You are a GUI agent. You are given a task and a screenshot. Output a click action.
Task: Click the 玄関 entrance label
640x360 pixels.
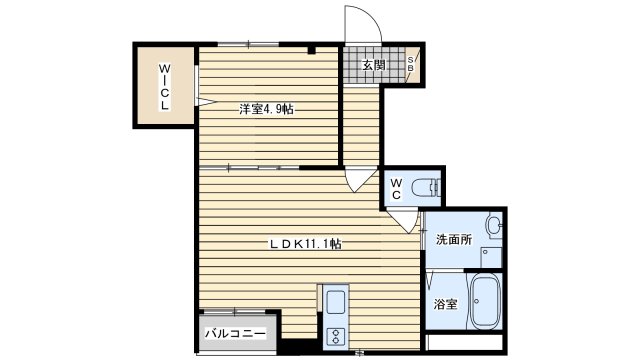click(x=373, y=66)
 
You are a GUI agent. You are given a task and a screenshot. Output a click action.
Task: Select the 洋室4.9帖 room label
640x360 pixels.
click(x=266, y=109)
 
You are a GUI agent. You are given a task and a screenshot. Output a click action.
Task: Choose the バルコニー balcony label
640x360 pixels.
click(x=236, y=333)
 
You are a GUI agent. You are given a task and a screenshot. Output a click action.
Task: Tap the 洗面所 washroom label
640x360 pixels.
click(x=453, y=240)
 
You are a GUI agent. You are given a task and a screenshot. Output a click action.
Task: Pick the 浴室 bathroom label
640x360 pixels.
click(x=446, y=304)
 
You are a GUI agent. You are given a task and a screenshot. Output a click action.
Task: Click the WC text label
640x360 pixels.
click(x=397, y=189)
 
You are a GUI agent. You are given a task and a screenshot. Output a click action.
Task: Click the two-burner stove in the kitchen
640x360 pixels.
click(x=334, y=335)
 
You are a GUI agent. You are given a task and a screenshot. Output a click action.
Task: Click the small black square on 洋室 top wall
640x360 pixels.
click(x=312, y=49)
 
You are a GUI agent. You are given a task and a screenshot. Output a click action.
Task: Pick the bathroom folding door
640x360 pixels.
click(x=426, y=281)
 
